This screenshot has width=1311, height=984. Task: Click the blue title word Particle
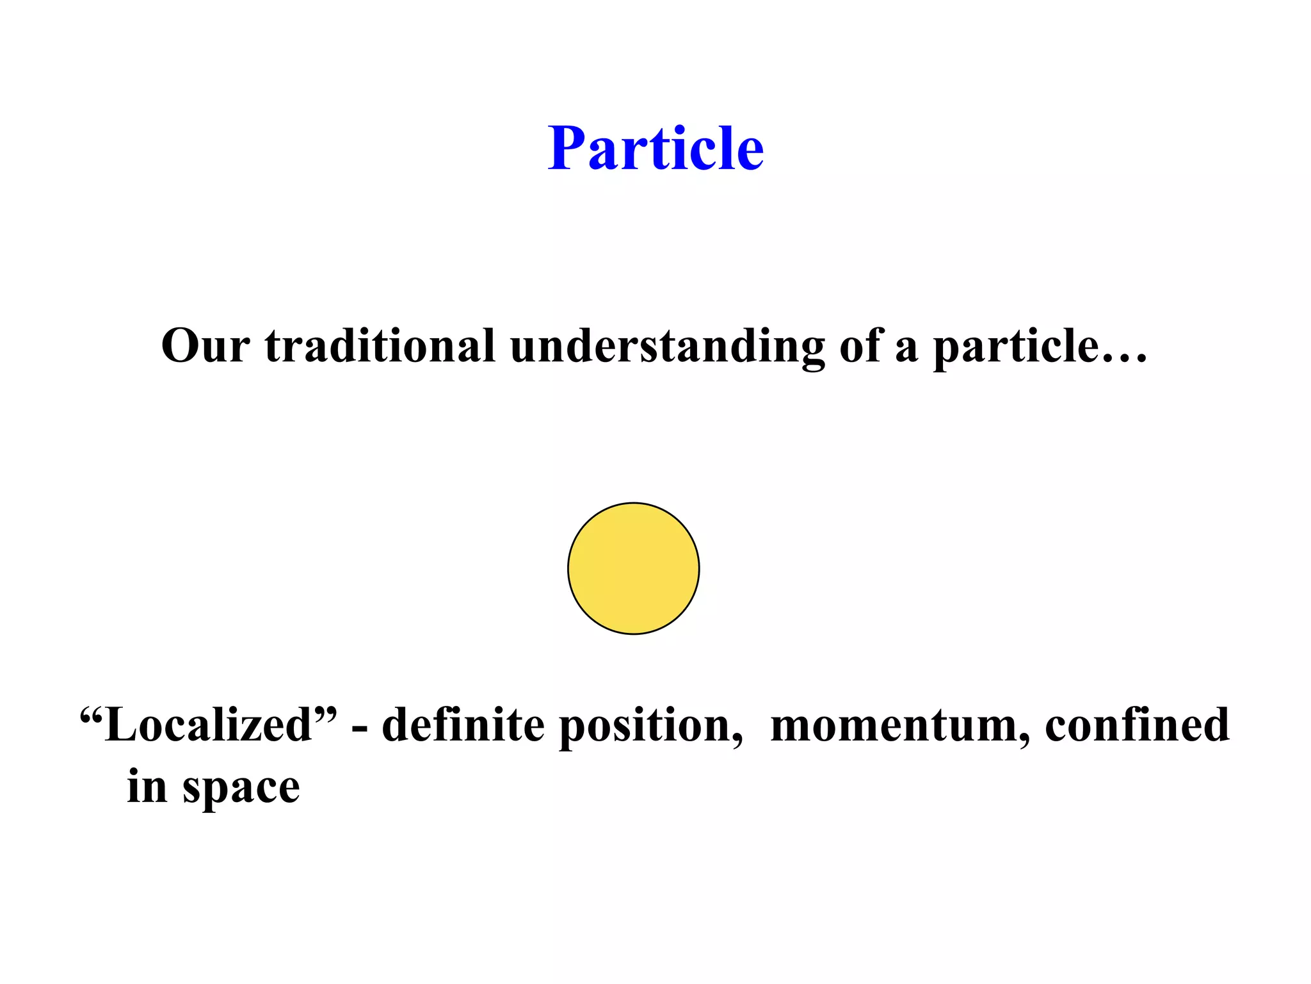(655, 149)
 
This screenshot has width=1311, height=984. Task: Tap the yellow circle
(633, 568)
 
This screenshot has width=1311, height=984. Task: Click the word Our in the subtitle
(205, 346)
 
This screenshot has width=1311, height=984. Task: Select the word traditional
(380, 346)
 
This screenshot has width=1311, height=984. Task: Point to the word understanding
(667, 346)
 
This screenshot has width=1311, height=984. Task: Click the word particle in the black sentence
(1016, 346)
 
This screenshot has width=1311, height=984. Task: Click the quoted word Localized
(208, 725)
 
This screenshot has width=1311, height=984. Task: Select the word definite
(463, 725)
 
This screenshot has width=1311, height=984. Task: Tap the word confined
(1137, 725)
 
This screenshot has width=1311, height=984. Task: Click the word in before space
(147, 786)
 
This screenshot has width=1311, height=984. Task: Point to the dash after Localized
(360, 729)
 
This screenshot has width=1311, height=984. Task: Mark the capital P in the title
(567, 149)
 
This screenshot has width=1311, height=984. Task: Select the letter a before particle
(906, 349)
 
